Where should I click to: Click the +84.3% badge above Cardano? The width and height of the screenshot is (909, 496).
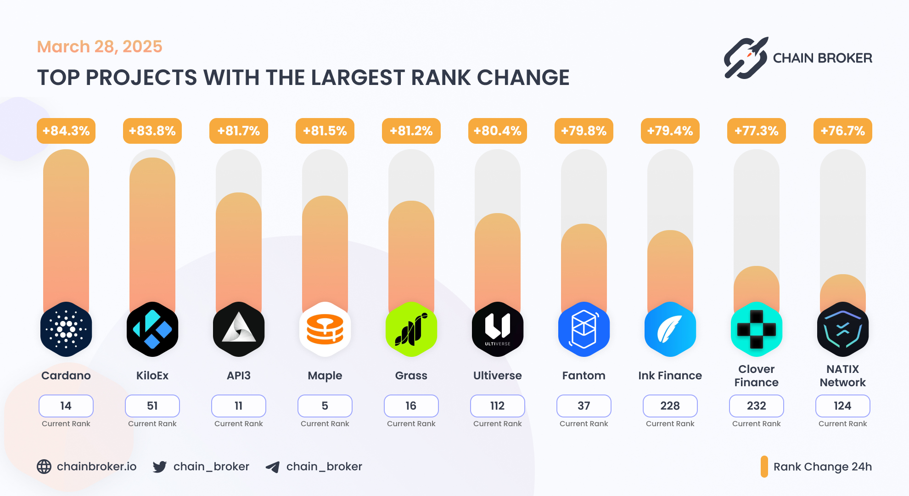point(66,131)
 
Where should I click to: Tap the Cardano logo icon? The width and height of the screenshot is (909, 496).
point(66,329)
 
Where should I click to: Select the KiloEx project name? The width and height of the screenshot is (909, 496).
point(152,376)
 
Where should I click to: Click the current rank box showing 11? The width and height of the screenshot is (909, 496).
point(239,406)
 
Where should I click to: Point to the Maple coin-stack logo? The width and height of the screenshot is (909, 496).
point(325,329)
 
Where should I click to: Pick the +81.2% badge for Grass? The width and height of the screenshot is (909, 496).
point(411,131)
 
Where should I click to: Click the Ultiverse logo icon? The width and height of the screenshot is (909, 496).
point(498,329)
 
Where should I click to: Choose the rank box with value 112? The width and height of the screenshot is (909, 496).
point(498,406)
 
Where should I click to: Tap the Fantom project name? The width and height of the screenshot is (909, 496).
point(584,376)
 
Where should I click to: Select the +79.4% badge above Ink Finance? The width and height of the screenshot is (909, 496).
point(670,131)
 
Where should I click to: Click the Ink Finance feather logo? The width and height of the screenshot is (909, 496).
point(670,329)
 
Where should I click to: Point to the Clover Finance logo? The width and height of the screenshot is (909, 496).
point(757,329)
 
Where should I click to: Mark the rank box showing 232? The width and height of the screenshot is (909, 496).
point(757,406)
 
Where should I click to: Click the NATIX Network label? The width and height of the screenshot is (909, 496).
point(843,376)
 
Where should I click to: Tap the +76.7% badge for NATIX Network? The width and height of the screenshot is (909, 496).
point(843,131)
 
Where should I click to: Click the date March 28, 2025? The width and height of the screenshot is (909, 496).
point(100,46)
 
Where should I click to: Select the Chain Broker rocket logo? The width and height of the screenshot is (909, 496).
point(746,58)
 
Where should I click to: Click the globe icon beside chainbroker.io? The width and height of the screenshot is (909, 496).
point(44,467)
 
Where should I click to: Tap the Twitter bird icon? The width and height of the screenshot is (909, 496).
point(160,467)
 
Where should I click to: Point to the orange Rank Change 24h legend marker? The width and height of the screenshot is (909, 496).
point(764,467)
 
